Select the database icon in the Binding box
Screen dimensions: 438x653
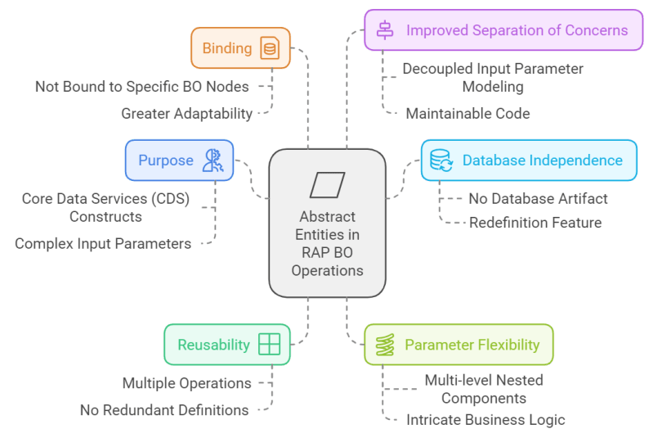pyautogui.click(x=269, y=49)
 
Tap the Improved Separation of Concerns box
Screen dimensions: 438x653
pyautogui.click(x=503, y=30)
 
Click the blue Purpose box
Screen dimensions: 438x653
pyautogui.click(x=179, y=160)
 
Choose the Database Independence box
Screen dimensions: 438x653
pyautogui.click(x=528, y=160)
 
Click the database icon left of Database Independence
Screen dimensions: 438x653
pyautogui.click(x=441, y=160)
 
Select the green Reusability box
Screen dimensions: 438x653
pyautogui.click(x=227, y=345)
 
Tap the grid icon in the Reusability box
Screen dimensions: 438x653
pyautogui.click(x=269, y=345)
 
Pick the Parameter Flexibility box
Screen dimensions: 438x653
pyautogui.click(x=458, y=345)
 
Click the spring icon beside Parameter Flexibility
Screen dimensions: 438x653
pyautogui.click(x=385, y=345)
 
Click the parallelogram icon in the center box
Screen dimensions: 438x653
pyautogui.click(x=327, y=185)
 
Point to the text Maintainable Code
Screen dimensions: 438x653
pyautogui.click(x=467, y=114)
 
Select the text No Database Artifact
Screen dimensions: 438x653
pyautogui.click(x=538, y=198)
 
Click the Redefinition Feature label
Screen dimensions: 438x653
pyautogui.click(x=535, y=222)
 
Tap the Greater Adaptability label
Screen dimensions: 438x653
pyautogui.click(x=186, y=113)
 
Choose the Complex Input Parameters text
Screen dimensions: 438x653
pyautogui.click(x=103, y=243)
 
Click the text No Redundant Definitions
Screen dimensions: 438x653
pyautogui.click(x=164, y=410)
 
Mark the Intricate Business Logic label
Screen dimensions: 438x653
pyautogui.click(x=485, y=419)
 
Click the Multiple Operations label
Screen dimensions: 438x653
pyautogui.click(x=186, y=382)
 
